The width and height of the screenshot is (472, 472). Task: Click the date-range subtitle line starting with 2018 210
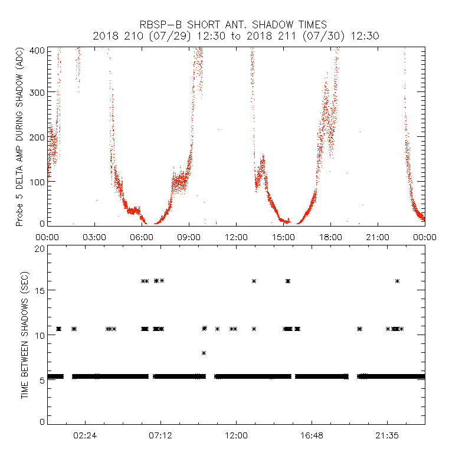click(x=235, y=36)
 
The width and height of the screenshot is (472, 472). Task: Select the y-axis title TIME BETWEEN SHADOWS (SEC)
click(x=25, y=336)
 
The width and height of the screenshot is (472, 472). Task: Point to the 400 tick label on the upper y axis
click(x=38, y=50)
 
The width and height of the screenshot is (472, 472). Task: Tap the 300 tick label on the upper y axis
click(x=38, y=93)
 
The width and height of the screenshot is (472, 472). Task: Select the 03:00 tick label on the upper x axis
click(x=94, y=237)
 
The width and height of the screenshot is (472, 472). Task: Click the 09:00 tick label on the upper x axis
click(x=189, y=237)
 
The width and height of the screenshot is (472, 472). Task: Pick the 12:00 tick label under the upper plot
click(x=236, y=237)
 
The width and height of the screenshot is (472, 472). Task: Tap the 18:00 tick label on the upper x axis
click(x=330, y=237)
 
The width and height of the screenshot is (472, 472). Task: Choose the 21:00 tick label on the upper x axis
click(x=378, y=237)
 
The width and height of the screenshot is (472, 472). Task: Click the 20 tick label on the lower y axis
click(x=40, y=249)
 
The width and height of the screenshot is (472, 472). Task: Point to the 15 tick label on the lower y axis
click(x=40, y=290)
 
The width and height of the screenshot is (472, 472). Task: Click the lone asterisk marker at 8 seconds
click(x=204, y=353)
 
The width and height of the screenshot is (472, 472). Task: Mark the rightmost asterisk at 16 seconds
click(x=397, y=281)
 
